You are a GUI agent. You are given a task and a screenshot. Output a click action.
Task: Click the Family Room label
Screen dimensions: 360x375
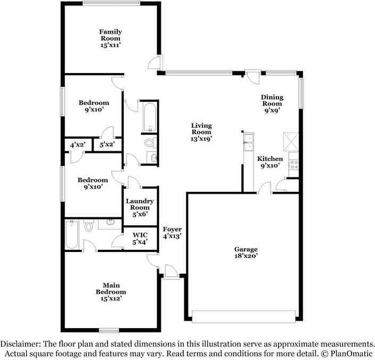(110, 39)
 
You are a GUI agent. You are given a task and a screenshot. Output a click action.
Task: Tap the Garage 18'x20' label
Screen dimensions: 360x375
(246, 252)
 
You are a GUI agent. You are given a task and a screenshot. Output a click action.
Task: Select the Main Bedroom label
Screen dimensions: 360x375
(111, 292)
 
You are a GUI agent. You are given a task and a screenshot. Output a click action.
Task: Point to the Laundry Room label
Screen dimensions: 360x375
(140, 208)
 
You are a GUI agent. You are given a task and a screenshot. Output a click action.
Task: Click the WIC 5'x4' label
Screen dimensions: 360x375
(140, 238)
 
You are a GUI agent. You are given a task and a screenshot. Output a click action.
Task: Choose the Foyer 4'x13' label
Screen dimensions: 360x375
(172, 233)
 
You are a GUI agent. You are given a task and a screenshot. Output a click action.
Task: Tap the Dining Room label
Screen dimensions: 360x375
(272, 104)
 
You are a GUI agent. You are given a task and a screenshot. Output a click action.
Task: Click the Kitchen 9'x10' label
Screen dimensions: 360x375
(270, 162)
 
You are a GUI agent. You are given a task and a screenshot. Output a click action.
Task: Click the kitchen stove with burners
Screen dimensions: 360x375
(294, 161)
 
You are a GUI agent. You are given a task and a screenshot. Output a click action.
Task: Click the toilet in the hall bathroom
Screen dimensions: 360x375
(150, 143)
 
